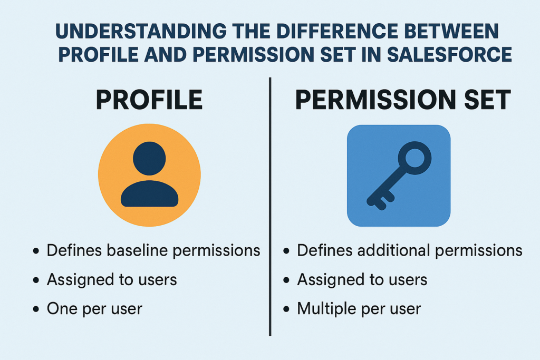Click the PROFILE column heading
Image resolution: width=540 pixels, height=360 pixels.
click(149, 100)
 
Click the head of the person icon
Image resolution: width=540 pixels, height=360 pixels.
click(149, 158)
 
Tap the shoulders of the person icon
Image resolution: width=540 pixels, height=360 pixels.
click(149, 193)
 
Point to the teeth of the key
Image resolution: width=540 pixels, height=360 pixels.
click(381, 201)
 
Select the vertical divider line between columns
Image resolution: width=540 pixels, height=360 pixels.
click(270, 207)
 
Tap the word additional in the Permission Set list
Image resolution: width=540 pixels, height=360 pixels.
click(394, 250)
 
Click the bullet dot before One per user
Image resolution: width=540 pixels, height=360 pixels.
click(36, 309)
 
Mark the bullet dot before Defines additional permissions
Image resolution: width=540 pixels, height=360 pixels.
click(286, 250)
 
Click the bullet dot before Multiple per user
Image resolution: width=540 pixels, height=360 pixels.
click(286, 309)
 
